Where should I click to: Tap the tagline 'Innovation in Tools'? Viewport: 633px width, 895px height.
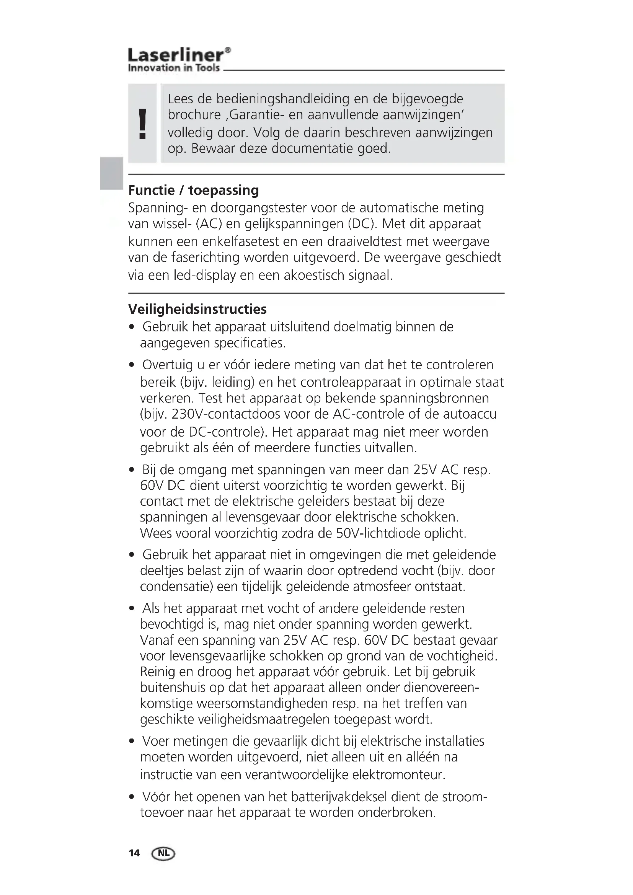pyautogui.click(x=174, y=68)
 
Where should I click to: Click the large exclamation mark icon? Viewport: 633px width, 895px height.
pyautogui.click(x=143, y=124)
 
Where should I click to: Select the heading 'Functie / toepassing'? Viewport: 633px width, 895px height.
pyautogui.click(x=194, y=190)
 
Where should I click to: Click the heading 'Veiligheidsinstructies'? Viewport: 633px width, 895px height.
pyautogui.click(x=197, y=309)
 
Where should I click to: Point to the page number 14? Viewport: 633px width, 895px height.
pyautogui.click(x=134, y=853)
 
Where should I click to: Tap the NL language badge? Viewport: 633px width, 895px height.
pyautogui.click(x=163, y=853)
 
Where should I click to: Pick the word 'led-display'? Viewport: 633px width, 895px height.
pyautogui.click(x=202, y=276)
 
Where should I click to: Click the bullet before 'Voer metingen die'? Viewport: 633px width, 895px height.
pyautogui.click(x=132, y=741)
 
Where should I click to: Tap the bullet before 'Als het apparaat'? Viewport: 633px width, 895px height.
pyautogui.click(x=132, y=608)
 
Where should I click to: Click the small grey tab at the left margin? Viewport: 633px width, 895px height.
pyautogui.click(x=110, y=173)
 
